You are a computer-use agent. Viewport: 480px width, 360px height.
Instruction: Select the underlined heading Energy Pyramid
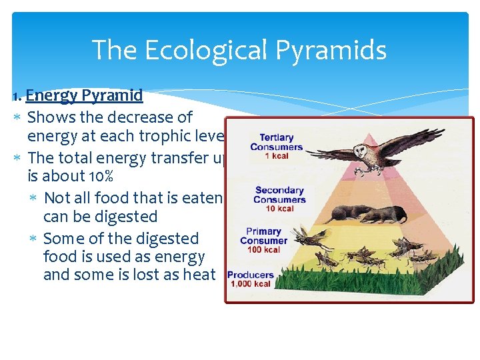coord(84,95)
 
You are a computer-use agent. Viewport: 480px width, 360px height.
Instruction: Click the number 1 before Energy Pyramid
coord(17,96)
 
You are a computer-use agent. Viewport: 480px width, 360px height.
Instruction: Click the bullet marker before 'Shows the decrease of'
coord(17,118)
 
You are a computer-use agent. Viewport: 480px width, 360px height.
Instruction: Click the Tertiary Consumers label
coord(276,142)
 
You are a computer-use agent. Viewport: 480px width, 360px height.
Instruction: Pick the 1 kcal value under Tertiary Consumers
coord(277,156)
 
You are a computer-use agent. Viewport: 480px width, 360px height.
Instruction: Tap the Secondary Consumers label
coord(279,195)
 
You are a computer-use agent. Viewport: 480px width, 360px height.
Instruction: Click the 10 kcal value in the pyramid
coord(279,208)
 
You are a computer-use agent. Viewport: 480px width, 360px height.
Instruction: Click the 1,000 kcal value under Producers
coord(251,283)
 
